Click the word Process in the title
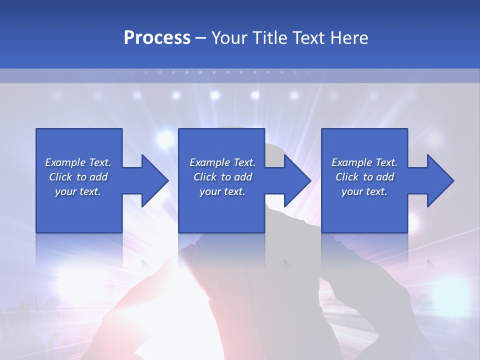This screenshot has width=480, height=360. [157, 38]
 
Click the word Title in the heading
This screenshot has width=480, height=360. [270, 38]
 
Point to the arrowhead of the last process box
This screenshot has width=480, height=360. [440, 180]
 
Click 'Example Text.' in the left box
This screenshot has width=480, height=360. [78, 162]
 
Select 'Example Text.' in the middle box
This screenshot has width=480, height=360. [222, 162]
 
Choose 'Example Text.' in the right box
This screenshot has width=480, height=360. [364, 162]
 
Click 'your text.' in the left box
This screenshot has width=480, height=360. [78, 191]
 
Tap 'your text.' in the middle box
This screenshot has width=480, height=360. [222, 191]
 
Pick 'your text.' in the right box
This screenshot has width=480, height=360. [364, 191]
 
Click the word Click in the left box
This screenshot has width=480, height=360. [61, 177]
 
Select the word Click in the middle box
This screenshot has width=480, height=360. [205, 177]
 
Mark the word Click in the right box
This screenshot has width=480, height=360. [347, 177]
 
